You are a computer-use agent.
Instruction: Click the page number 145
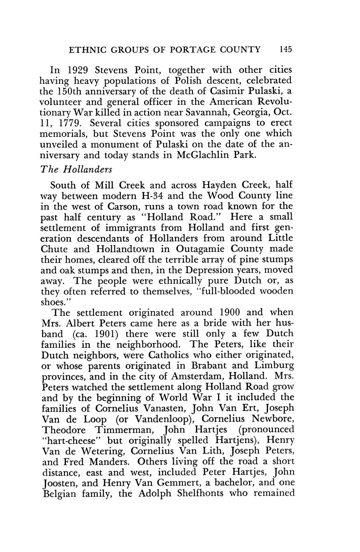pyautogui.click(x=286, y=49)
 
